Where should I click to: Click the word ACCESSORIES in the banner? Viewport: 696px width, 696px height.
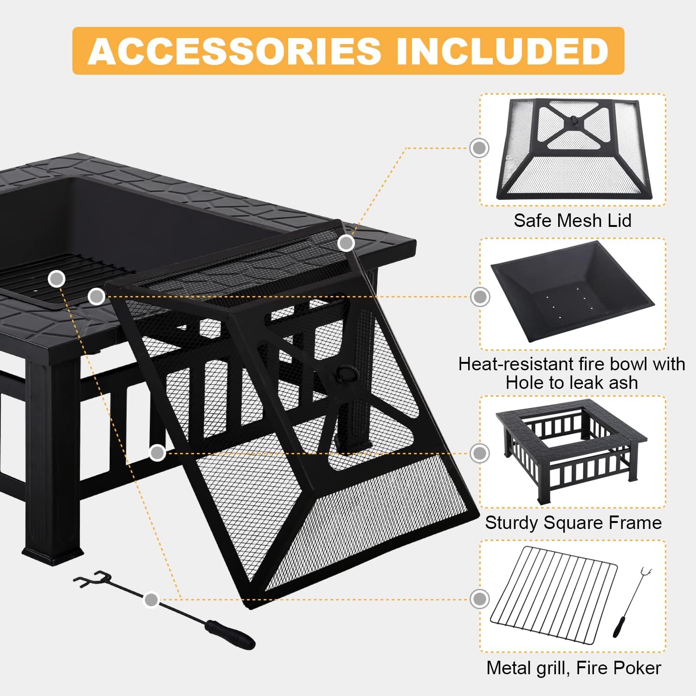click(x=234, y=51)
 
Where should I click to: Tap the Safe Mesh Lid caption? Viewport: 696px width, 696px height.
click(x=573, y=220)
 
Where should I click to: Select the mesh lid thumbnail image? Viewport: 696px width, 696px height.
click(x=574, y=149)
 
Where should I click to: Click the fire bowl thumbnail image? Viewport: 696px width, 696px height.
click(x=573, y=291)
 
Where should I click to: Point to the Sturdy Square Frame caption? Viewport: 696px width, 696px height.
click(x=574, y=523)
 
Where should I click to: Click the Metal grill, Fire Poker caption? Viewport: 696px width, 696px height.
click(x=574, y=668)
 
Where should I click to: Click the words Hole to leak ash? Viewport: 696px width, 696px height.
click(x=572, y=383)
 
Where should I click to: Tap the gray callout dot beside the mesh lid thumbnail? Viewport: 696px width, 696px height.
click(x=479, y=148)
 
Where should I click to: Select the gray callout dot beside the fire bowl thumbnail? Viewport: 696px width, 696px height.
click(x=480, y=296)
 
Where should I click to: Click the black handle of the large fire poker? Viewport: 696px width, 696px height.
click(x=231, y=635)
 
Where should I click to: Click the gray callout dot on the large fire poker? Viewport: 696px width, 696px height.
click(x=151, y=599)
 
